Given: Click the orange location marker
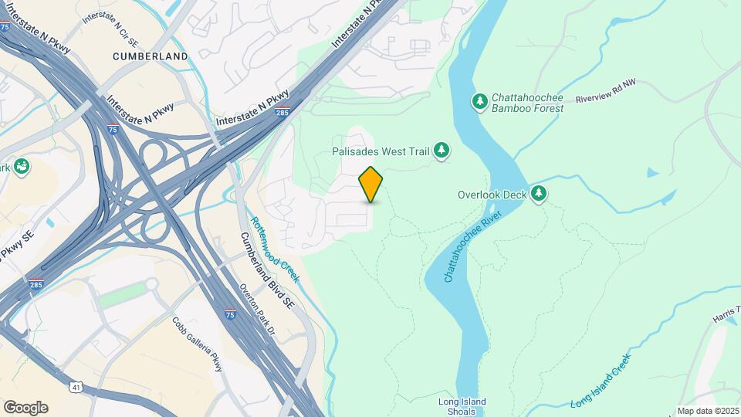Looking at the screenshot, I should (x=371, y=184).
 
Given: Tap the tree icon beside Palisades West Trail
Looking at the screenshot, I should (x=442, y=150).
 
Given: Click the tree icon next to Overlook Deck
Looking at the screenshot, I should (x=539, y=195).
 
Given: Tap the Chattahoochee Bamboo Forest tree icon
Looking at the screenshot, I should (x=480, y=102).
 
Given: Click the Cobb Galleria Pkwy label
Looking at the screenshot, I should (x=198, y=344).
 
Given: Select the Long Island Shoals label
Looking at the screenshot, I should (x=462, y=406).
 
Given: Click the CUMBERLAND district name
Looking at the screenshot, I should (x=150, y=56).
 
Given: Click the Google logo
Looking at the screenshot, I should (x=25, y=408).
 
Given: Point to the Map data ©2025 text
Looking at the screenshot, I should (x=708, y=411).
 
